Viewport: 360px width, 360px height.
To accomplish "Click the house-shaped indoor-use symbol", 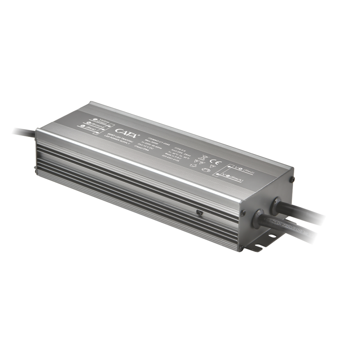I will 206,168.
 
